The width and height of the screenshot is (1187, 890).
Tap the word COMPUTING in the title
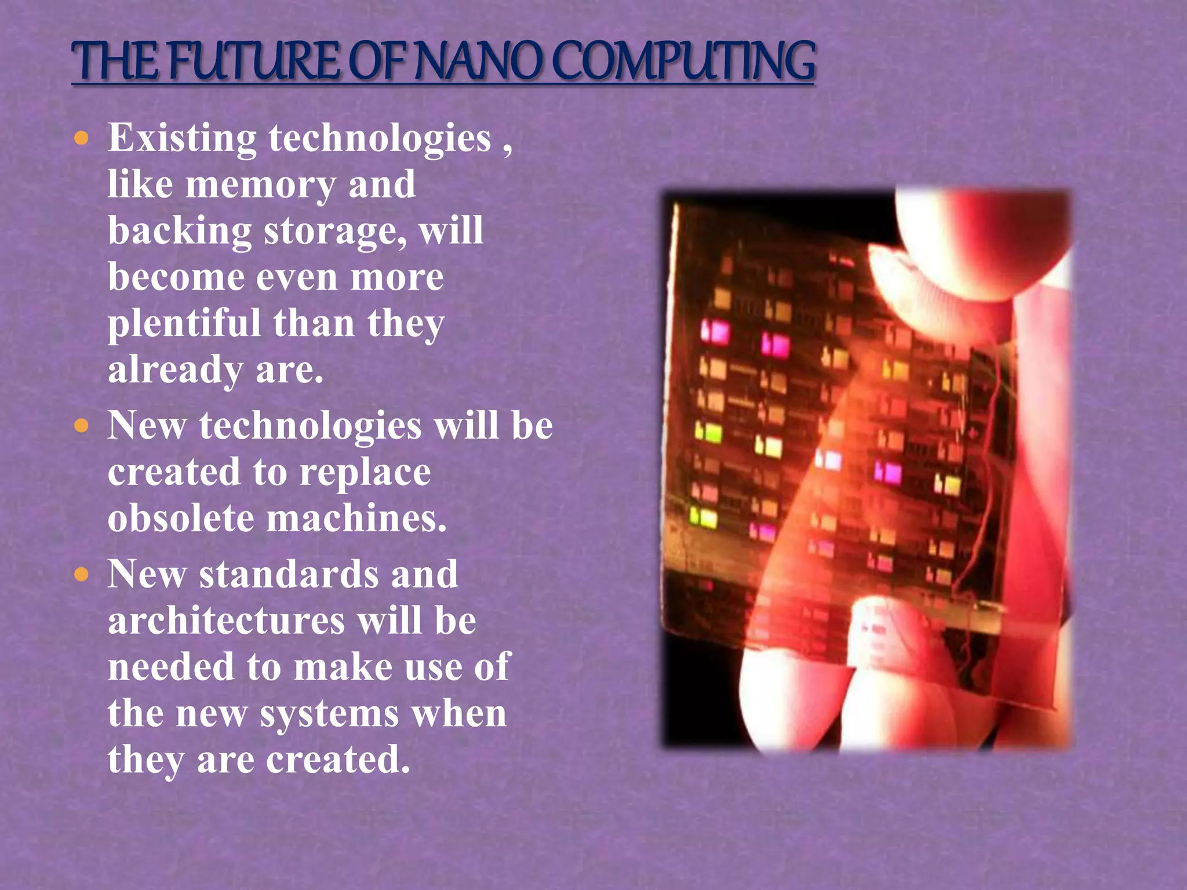[684, 61]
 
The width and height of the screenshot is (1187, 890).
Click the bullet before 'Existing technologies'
[82, 138]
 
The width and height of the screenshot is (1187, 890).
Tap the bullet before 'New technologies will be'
[82, 426]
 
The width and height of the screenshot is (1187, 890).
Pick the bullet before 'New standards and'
[82, 575]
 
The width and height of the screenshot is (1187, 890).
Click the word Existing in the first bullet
[181, 139]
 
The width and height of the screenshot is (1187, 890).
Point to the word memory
[260, 185]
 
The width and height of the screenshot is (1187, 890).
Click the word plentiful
[184, 323]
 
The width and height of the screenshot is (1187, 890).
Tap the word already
[175, 371]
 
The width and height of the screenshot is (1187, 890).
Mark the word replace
[365, 473]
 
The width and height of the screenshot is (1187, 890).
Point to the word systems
[329, 714]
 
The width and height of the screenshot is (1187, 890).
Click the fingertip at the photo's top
[980, 243]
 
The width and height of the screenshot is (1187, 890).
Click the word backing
[179, 232]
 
